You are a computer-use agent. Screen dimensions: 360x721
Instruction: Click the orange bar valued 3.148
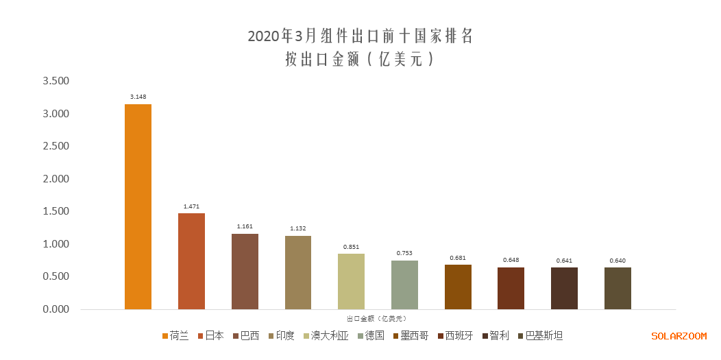tap(138, 206)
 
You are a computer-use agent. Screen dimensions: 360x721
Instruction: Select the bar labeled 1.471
tap(191, 261)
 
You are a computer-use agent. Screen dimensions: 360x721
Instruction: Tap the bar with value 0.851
tap(351, 281)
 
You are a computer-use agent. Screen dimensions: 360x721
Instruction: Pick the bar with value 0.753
tap(404, 285)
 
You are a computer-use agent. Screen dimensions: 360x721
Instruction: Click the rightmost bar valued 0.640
tap(618, 288)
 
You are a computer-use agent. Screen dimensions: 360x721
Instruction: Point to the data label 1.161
tap(245, 226)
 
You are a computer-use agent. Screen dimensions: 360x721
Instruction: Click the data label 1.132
tap(297, 228)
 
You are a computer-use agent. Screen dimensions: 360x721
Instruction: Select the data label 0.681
tap(458, 258)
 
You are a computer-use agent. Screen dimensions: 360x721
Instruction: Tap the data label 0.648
tap(511, 260)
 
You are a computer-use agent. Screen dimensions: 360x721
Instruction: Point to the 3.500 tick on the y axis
tap(56, 81)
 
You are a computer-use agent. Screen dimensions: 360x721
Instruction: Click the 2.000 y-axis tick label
tap(56, 179)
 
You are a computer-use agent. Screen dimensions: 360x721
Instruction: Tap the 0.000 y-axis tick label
tap(56, 309)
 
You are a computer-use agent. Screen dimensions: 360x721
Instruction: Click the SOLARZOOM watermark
tap(679, 336)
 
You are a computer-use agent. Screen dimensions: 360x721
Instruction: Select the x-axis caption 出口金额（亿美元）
tap(376, 318)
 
